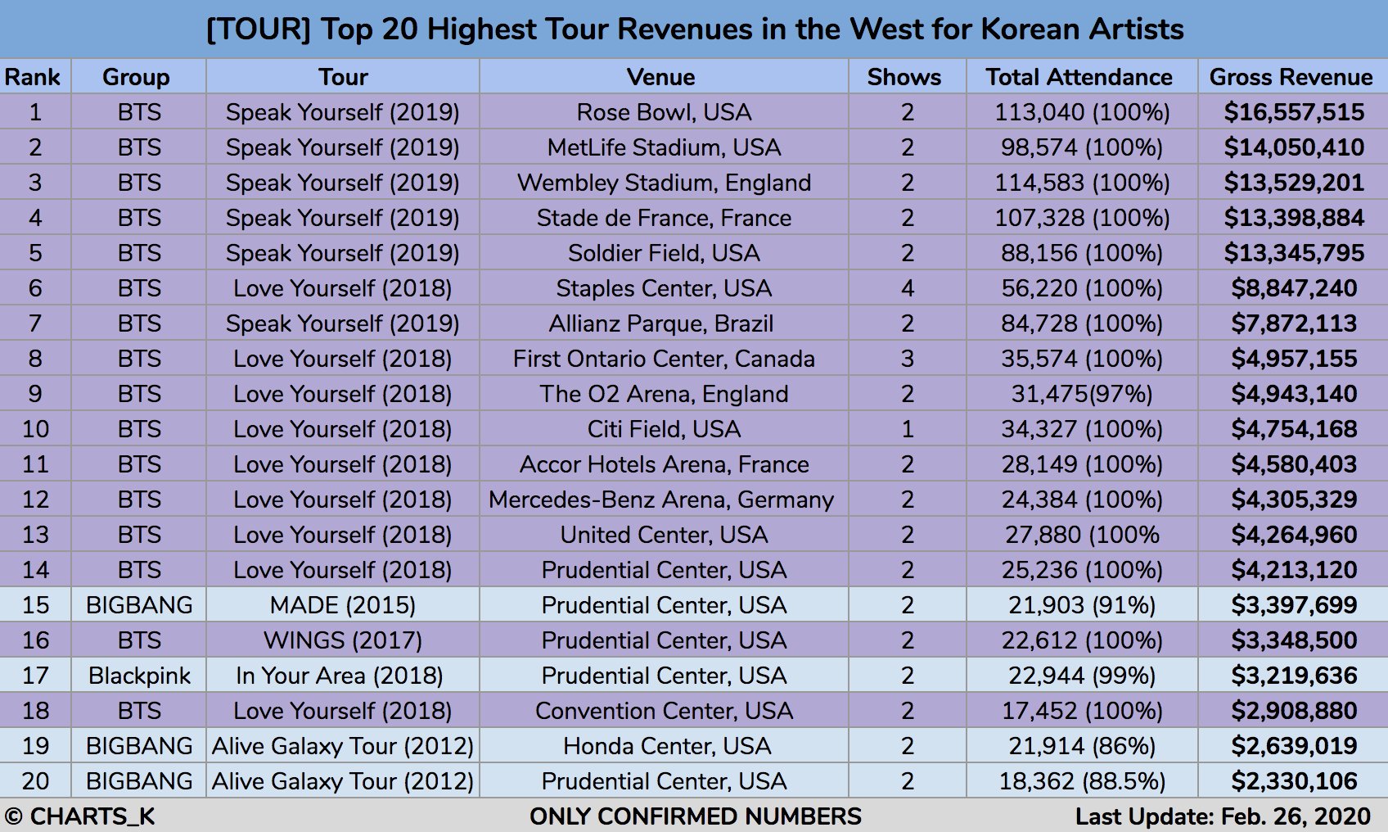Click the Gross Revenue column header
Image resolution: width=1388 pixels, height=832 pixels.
tap(1291, 77)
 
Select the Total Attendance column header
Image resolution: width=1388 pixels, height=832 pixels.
tap(1079, 77)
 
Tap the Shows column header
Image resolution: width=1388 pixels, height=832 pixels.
tap(904, 77)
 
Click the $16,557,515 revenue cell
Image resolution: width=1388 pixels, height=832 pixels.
tap(1294, 112)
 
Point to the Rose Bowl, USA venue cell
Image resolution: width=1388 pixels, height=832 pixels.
tap(664, 112)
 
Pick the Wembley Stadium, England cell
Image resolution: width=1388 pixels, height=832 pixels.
tap(664, 183)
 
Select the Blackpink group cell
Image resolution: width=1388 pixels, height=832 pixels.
tap(139, 676)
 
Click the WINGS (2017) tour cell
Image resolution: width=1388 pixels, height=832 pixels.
tap(342, 640)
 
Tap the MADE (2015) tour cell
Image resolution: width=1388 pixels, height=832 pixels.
tap(342, 605)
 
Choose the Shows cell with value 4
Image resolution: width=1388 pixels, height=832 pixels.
tap(907, 288)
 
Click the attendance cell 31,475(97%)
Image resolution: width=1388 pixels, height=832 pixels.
tap(1081, 394)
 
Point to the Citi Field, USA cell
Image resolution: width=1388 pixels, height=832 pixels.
tap(664, 429)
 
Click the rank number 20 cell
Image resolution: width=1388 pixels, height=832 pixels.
tap(35, 781)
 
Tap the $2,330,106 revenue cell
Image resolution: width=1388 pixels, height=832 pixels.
tap(1294, 781)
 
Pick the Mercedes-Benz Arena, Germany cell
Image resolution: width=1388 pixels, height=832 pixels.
tap(661, 500)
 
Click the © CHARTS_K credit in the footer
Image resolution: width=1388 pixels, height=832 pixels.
tap(80, 816)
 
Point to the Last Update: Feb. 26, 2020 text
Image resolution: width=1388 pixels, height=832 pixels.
tap(1223, 816)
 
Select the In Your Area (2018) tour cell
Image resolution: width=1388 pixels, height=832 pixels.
tap(339, 676)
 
